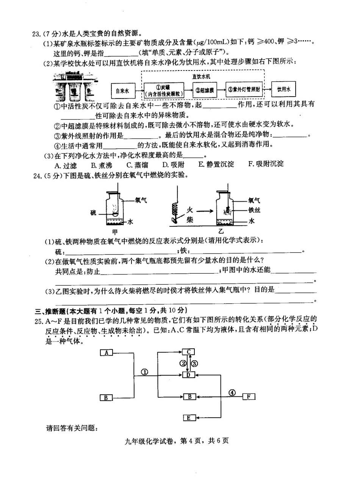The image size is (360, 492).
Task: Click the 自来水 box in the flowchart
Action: pyautogui.click(x=122, y=91)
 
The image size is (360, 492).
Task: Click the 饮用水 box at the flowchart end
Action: pyautogui.click(x=283, y=89)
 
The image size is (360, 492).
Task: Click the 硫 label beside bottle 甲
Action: pyautogui.click(x=93, y=213)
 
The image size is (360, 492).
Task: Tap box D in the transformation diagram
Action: pyautogui.click(x=188, y=375)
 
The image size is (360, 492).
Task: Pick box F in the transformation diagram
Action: pyautogui.click(x=249, y=396)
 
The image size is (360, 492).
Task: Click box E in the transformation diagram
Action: pyautogui.click(x=189, y=418)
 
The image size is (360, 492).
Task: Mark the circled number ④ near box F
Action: pyautogui.click(x=232, y=393)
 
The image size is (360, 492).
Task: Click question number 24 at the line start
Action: pyautogui.click(x=38, y=175)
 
